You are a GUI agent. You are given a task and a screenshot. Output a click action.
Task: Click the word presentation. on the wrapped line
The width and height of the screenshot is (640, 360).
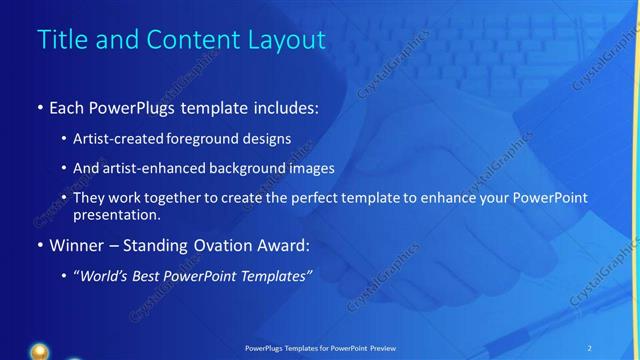coord(115,214)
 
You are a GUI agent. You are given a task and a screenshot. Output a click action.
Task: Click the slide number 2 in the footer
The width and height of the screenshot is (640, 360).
coord(590,348)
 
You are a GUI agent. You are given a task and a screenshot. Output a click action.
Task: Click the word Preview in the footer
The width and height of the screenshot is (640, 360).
coord(383,348)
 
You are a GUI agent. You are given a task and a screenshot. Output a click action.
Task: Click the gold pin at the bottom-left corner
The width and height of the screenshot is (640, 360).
coord(39,352)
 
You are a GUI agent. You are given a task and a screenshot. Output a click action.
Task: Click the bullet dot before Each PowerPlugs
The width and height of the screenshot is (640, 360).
coord(39,107)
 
